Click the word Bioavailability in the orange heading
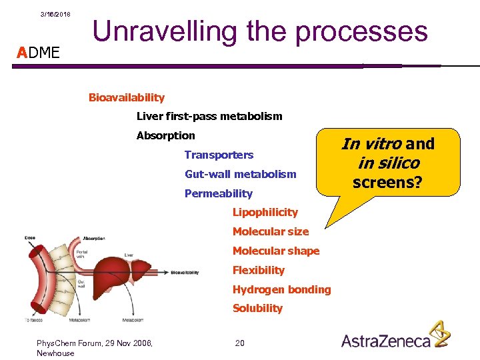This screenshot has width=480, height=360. [126, 97]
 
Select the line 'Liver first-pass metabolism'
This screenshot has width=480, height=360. [209, 117]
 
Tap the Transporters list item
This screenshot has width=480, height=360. [219, 155]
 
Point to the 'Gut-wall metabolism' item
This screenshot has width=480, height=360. [240, 174]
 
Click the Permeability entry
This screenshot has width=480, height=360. [218, 193]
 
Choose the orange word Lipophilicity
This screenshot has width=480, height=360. [265, 213]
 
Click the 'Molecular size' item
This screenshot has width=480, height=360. [270, 232]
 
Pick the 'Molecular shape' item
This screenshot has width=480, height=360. [275, 251]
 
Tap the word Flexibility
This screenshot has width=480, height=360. [258, 270]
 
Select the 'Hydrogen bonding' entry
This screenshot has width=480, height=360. [281, 289]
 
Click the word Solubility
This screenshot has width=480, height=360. [257, 309]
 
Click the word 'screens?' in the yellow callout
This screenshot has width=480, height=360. [387, 181]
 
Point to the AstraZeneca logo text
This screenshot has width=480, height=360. [386, 341]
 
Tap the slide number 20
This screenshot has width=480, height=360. [240, 343]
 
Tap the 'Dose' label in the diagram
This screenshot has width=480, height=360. [29, 237]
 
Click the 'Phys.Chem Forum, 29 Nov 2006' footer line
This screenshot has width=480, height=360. [95, 343]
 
